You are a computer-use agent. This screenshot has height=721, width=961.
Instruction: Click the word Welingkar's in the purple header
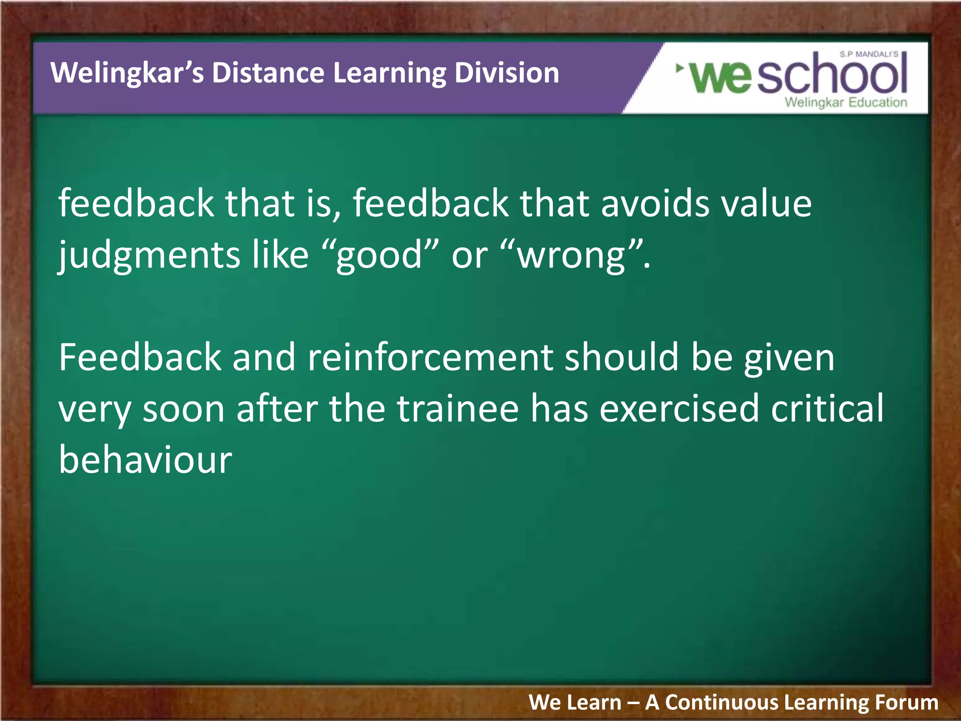click(127, 73)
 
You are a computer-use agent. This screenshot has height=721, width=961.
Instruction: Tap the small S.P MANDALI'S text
click(869, 54)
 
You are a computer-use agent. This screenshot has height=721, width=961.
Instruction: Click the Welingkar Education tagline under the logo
click(846, 102)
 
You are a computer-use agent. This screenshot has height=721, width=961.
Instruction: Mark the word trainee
click(458, 408)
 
